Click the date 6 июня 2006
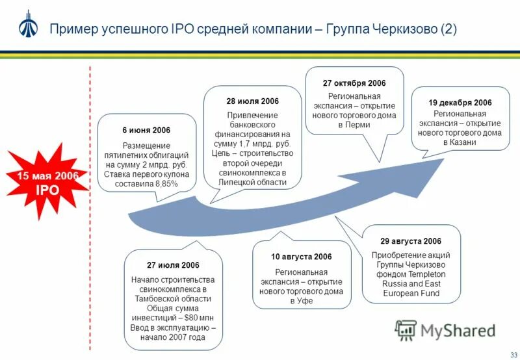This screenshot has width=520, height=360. coord(146,131)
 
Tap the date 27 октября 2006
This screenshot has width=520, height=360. coord(354,83)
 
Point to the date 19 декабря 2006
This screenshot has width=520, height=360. coord(460,103)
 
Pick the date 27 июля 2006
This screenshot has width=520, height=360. coord(173,266)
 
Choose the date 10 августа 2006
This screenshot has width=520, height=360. coord(301,257)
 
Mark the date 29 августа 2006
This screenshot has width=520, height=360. coord(410,241)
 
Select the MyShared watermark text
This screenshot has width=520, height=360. coord(458,331)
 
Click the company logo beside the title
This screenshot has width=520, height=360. coord(27,25)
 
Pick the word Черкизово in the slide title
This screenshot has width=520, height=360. coord(404,29)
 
